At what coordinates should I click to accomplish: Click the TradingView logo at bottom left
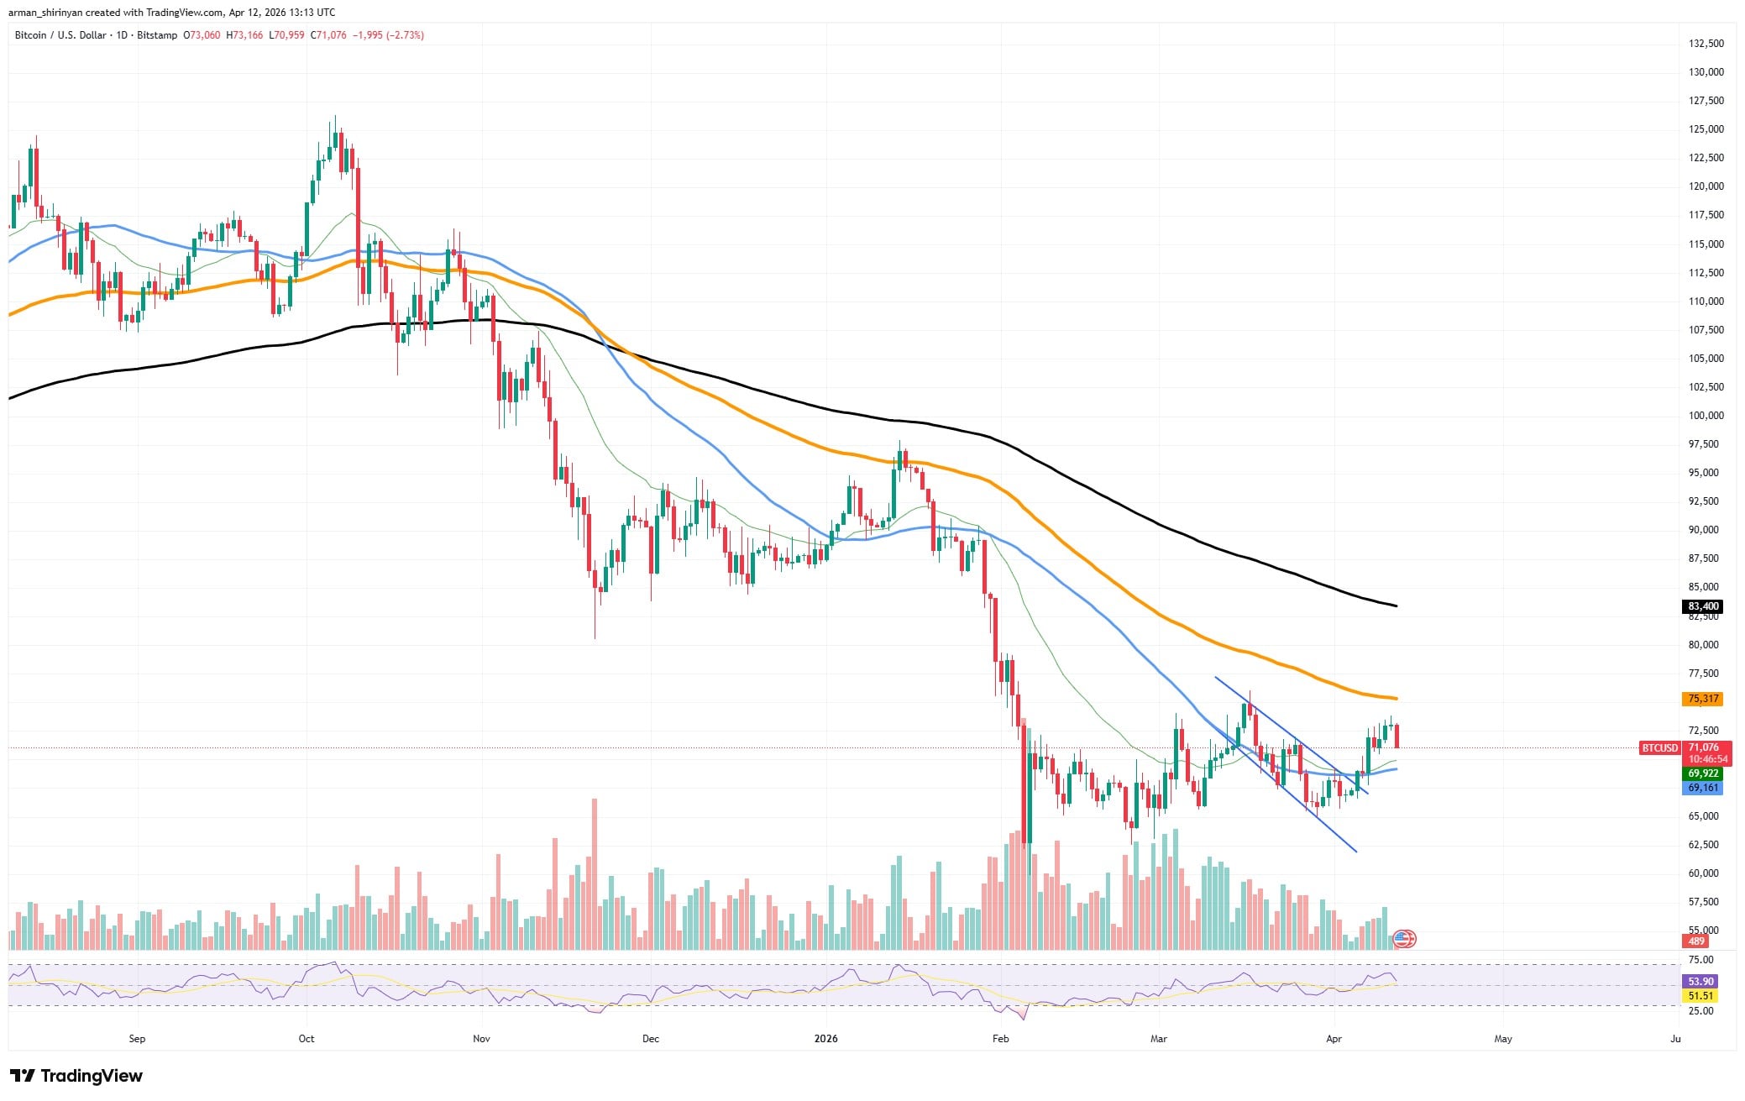tap(76, 1076)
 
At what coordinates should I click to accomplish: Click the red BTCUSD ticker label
tap(1659, 747)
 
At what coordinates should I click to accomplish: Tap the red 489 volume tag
tap(1696, 941)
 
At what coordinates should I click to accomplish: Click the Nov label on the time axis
tap(481, 1039)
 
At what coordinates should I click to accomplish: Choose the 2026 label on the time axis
tap(826, 1039)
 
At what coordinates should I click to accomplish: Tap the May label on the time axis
tap(1503, 1039)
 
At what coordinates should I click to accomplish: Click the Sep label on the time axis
tap(137, 1039)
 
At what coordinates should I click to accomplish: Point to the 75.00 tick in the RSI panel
tap(1700, 960)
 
